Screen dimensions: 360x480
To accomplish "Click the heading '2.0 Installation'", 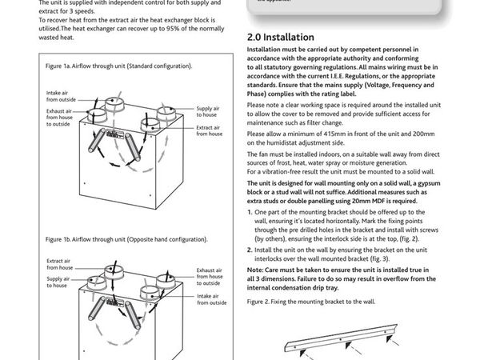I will pos(280,37).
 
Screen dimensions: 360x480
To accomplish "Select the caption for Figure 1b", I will pos(127,239).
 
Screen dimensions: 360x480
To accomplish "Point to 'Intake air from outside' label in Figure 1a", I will pos(61,97).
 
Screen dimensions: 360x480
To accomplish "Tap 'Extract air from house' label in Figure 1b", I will pos(60,263).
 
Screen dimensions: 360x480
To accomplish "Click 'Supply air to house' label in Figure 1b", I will pos(58,282).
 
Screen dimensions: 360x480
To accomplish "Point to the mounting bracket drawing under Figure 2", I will pos(360,339).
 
